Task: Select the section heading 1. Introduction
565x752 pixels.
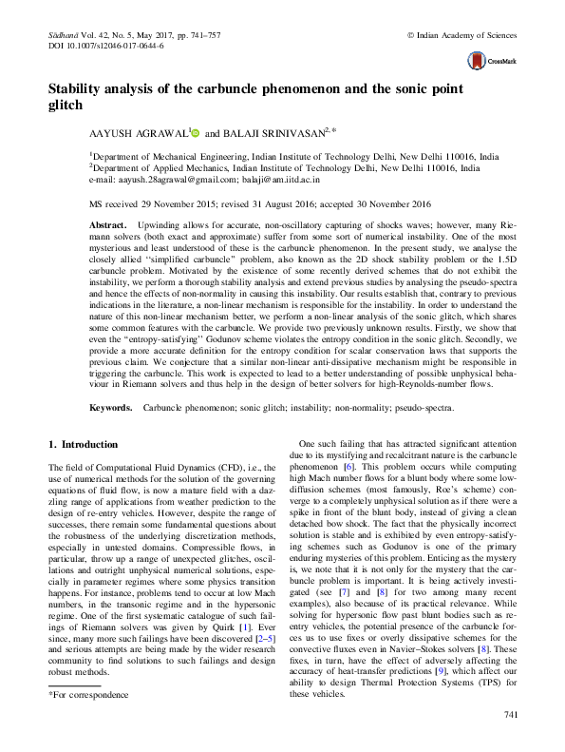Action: [x=83, y=444]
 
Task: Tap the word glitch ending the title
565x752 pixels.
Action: [x=66, y=105]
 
